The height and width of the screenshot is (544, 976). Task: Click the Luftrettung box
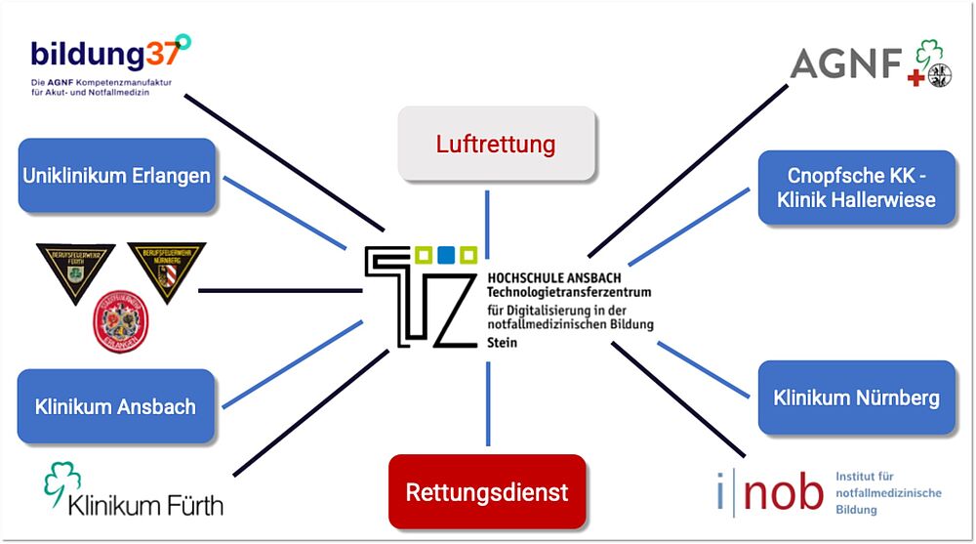497,145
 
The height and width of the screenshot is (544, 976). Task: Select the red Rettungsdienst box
487,491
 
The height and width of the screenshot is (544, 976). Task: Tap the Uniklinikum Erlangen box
117,176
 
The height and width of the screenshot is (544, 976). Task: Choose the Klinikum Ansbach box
115,406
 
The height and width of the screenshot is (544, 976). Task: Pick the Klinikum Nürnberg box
856,398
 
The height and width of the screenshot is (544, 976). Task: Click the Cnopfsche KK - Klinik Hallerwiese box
856,188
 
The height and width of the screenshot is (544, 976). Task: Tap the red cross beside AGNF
915,77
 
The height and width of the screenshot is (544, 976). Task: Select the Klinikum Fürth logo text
145,504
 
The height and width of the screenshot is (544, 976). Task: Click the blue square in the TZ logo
444,255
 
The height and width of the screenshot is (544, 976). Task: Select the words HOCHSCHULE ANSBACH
553,277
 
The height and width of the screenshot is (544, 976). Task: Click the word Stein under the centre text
503,343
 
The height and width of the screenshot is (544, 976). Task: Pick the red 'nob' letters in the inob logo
784,492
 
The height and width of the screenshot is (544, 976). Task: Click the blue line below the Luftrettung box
487,215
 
